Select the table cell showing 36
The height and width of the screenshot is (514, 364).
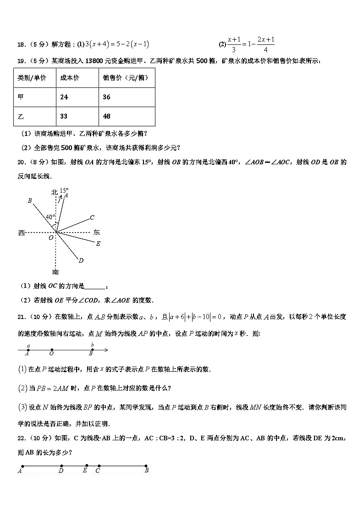point(106,97)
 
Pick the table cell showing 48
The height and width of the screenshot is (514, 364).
point(106,116)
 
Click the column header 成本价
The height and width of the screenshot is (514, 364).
point(69,78)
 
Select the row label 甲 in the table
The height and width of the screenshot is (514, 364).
point(21,97)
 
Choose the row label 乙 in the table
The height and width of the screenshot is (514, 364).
point(21,116)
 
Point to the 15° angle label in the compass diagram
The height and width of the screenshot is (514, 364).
point(64,190)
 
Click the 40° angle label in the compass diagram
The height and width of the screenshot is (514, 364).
point(50,216)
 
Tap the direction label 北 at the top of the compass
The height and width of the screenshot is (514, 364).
point(54,192)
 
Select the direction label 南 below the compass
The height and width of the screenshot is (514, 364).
point(55,272)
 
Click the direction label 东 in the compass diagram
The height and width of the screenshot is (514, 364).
point(96,233)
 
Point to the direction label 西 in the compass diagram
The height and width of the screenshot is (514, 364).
point(21,233)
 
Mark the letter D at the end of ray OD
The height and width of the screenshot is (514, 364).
point(81,261)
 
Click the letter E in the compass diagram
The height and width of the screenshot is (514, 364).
point(98,244)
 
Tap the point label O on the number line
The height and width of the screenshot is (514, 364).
point(51,353)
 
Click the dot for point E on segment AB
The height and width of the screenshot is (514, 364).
point(86,465)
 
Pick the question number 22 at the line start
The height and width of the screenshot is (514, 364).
point(21,438)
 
